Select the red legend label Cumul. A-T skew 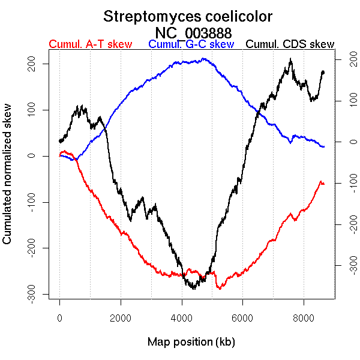(x=90, y=44)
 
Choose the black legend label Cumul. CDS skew (x=290, y=44)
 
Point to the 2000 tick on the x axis (x=121, y=319)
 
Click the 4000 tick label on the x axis (x=182, y=319)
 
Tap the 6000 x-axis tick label (x=242, y=319)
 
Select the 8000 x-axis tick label (x=304, y=319)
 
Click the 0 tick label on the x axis (x=60, y=319)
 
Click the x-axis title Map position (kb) (x=191, y=343)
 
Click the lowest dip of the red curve (x=220, y=289)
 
